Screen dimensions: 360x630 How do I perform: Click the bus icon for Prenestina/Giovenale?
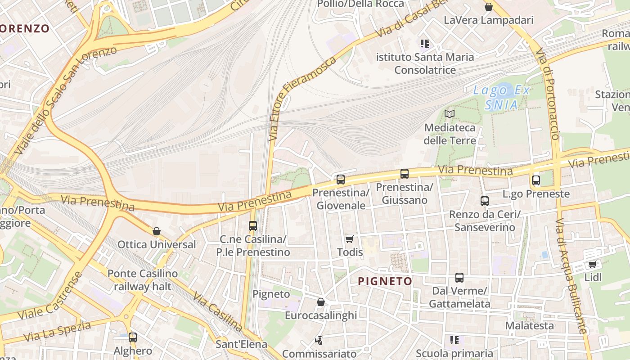341,180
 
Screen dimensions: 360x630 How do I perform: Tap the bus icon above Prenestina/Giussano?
405,174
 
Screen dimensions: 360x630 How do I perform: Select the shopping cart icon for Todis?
350,239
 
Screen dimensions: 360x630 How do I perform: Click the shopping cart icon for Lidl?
593,264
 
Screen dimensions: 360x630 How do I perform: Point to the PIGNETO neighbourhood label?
385,282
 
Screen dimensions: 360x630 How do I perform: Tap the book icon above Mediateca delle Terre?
450,114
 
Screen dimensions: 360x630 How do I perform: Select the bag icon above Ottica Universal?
157,231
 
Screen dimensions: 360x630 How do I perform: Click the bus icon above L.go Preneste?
536,180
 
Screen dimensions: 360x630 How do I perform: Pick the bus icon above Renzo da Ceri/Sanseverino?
485,201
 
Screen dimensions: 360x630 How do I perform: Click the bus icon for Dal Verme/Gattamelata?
459,278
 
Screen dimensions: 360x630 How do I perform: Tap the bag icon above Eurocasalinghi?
321,302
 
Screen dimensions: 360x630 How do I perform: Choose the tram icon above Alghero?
133,337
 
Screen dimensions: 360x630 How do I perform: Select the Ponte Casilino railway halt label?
143,280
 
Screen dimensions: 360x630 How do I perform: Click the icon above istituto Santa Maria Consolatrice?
425,44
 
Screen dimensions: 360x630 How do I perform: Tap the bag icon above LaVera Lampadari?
488,7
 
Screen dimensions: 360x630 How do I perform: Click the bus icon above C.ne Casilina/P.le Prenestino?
253,225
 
